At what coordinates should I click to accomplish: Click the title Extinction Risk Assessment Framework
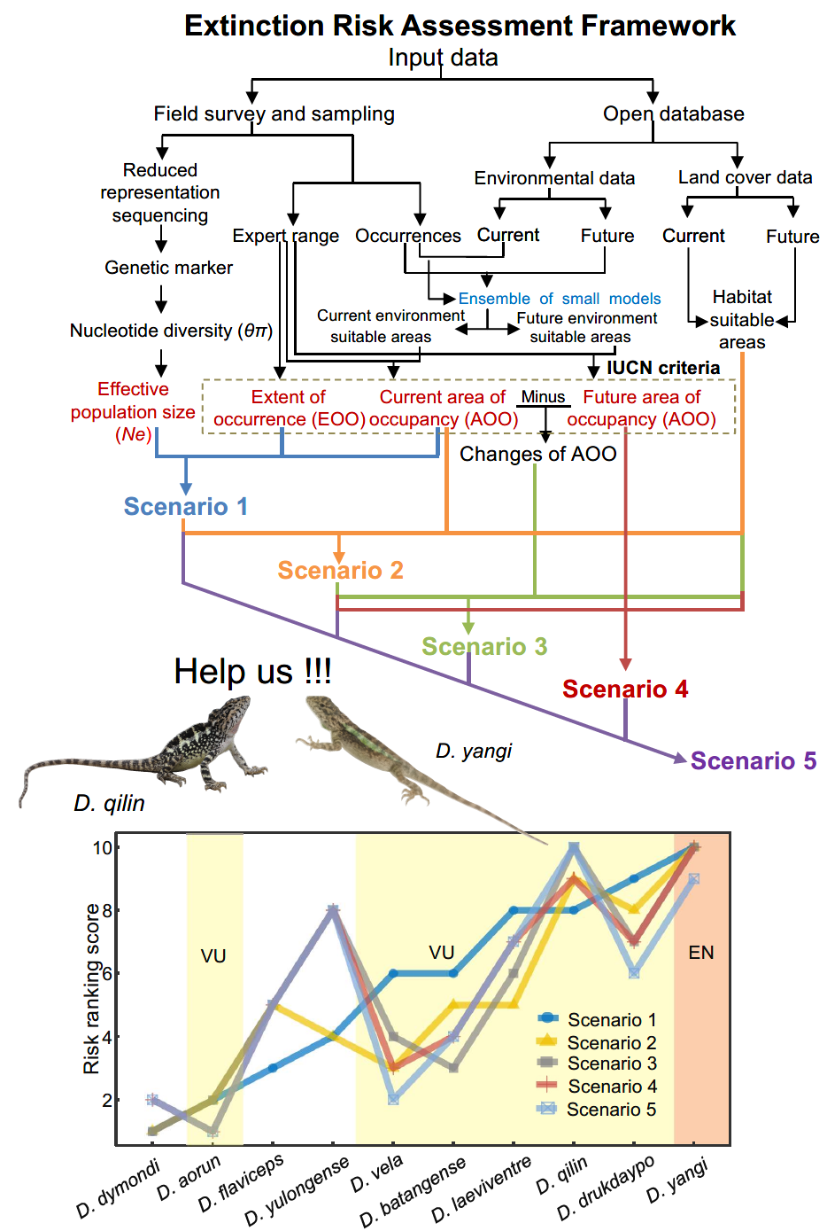pyautogui.click(x=460, y=26)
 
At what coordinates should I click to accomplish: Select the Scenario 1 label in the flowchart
pyautogui.click(x=186, y=506)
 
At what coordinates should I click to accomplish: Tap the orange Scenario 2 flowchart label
pyautogui.click(x=340, y=570)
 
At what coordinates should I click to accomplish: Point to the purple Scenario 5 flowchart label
pyautogui.click(x=754, y=760)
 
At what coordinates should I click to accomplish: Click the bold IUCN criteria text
pyautogui.click(x=662, y=368)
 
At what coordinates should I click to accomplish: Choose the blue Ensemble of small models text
pyautogui.click(x=560, y=299)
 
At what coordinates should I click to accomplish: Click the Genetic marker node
pyautogui.click(x=168, y=268)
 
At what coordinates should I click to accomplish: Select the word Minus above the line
pyautogui.click(x=543, y=397)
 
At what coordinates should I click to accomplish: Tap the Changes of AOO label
pyautogui.click(x=537, y=454)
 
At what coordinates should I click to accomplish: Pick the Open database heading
pyautogui.click(x=673, y=113)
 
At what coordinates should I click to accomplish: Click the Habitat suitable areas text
pyautogui.click(x=742, y=320)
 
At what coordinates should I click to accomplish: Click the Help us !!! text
pyautogui.click(x=252, y=672)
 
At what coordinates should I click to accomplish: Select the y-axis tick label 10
pyautogui.click(x=103, y=847)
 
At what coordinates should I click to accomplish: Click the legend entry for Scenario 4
pyautogui.click(x=612, y=1087)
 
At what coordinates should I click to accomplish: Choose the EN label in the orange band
pyautogui.click(x=701, y=953)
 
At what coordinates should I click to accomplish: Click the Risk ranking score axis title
pyautogui.click(x=91, y=989)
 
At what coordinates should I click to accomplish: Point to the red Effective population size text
pyautogui.click(x=133, y=411)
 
